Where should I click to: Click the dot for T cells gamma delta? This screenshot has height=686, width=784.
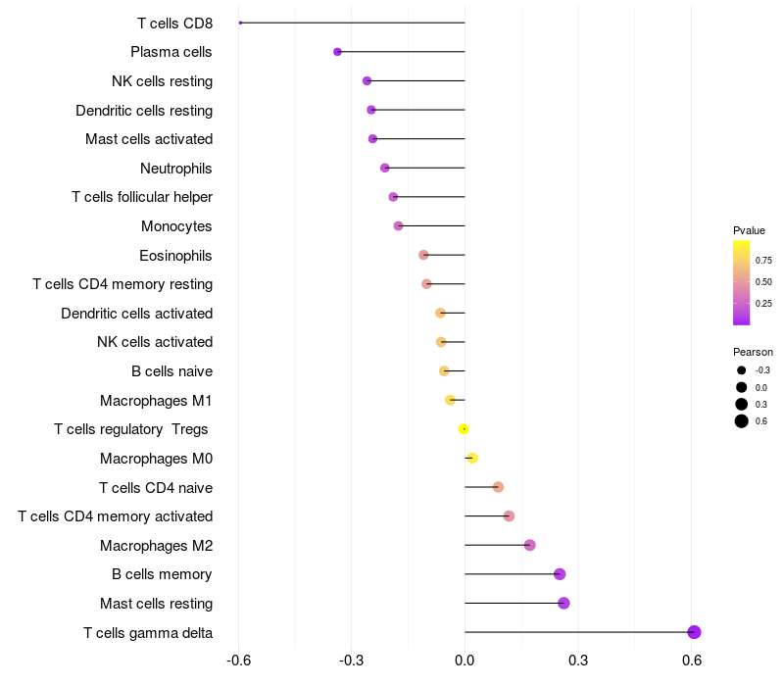pos(694,632)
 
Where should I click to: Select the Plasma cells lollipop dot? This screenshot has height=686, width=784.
pos(338,52)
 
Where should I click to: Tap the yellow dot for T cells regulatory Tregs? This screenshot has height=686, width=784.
pos(464,429)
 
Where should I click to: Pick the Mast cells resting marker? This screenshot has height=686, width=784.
pos(563,603)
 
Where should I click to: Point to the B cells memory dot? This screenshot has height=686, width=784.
pos(560,574)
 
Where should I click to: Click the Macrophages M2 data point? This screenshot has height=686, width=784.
pos(530,545)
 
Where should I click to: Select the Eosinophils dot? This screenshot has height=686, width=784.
pos(423,255)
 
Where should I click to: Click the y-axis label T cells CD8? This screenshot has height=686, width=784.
pos(174,23)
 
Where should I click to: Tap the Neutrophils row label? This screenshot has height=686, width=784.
pos(176,169)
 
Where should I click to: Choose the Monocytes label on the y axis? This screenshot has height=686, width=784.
pos(176,226)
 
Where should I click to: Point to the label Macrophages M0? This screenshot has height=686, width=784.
pos(156,459)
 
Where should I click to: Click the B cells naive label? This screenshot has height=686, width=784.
pos(171,371)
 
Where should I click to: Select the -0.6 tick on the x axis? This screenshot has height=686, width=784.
pos(238,661)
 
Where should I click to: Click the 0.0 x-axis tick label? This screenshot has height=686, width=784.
pos(465,661)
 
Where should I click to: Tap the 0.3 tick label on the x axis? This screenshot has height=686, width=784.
pos(578,661)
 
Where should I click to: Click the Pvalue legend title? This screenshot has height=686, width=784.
pos(749,230)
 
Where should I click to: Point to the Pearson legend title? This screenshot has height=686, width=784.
pos(753,352)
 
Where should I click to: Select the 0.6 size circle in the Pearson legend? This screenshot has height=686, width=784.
pos(742,421)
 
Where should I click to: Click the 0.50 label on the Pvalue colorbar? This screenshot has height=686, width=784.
pos(763,282)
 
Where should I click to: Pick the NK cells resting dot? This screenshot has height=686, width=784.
pos(367,81)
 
